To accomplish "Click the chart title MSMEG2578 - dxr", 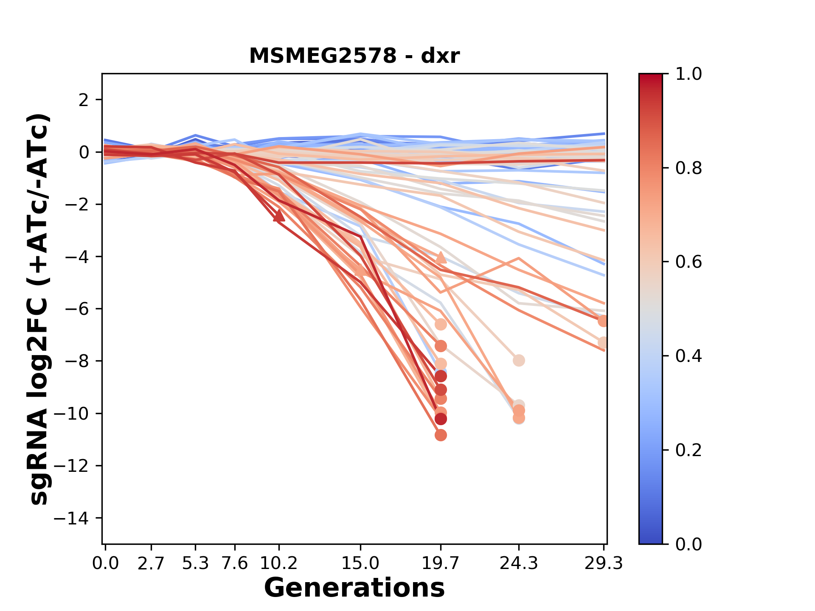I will click(354, 56).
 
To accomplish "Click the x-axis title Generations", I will click(354, 588).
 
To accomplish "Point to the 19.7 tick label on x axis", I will click(441, 563).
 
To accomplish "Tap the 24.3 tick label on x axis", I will click(518, 563).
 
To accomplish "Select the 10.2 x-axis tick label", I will click(278, 563).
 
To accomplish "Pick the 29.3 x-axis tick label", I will click(603, 563).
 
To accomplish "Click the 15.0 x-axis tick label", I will click(360, 563).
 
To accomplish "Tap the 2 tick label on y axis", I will click(84, 100).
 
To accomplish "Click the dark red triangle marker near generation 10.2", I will click(279, 216).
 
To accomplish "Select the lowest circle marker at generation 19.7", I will click(441, 435).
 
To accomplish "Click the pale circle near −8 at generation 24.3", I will click(518, 360).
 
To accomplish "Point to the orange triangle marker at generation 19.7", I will click(441, 258).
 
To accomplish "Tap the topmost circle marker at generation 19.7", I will click(441, 325).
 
